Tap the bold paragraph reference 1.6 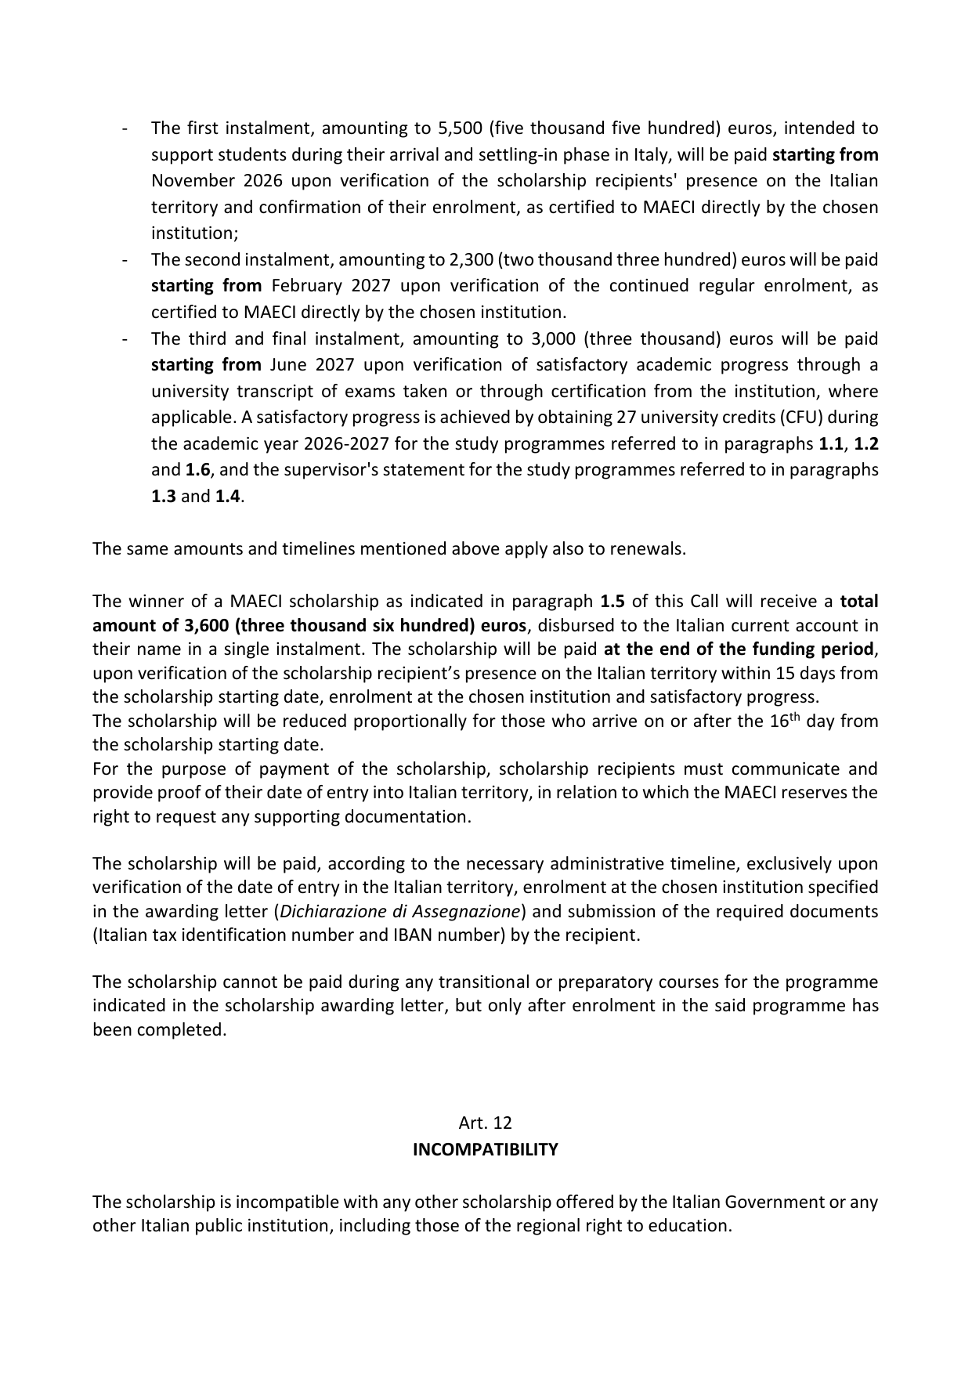[197, 470]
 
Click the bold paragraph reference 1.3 [163, 497]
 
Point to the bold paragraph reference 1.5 [612, 602]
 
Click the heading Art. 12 [485, 1123]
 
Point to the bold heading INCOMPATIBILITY [486, 1149]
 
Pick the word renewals [649, 548]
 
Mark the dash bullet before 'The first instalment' [125, 128]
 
